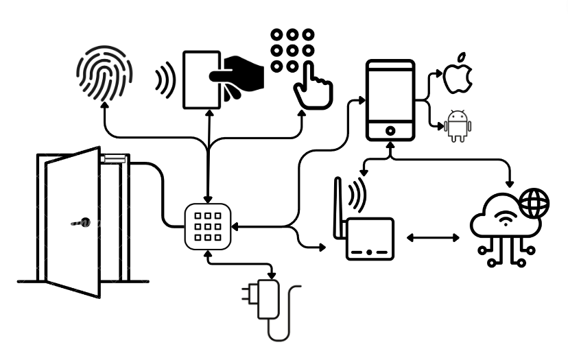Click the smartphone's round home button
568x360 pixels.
[390, 130]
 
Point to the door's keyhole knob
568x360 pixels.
[84, 222]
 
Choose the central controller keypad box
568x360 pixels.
[208, 226]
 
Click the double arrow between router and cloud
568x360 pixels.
[434, 238]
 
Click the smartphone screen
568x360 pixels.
[390, 93]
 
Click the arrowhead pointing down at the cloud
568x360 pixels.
[510, 184]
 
